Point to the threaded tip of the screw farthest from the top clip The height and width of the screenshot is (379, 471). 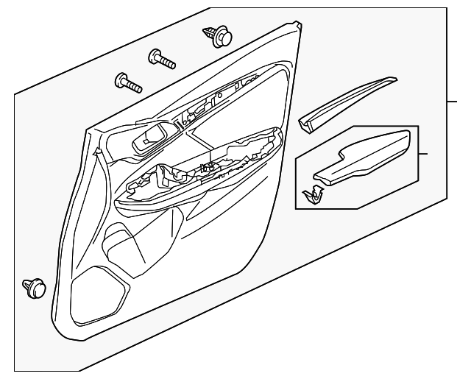point(136,88)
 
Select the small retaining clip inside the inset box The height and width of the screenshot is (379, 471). point(314,194)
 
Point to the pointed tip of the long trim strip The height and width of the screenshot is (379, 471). point(394,78)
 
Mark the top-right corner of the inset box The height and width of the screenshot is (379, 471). point(418,126)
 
